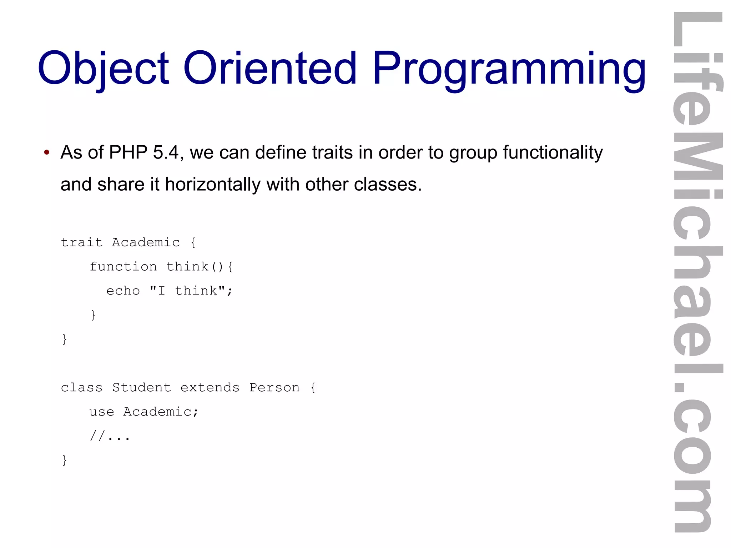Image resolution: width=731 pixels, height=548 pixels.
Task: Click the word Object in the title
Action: coord(104,69)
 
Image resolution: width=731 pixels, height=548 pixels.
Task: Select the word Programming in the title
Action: coord(509,69)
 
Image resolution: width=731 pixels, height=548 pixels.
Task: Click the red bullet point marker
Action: coord(46,153)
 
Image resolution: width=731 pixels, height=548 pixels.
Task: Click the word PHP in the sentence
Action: coord(128,152)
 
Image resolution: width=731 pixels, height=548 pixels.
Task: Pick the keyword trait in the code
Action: coord(82,242)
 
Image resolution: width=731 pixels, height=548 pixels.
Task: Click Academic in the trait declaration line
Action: coord(146,242)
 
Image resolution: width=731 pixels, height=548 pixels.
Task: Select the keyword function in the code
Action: coord(123,267)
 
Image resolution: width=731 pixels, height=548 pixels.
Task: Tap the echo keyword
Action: coord(123,291)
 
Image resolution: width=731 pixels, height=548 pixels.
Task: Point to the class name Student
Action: coord(141,387)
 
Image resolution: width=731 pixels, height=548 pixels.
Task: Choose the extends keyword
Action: coord(210,387)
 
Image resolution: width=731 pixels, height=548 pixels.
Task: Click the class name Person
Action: coord(274,387)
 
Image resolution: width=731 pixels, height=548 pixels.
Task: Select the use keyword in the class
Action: coord(102,412)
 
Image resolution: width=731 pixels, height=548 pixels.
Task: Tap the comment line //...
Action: coord(110,436)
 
